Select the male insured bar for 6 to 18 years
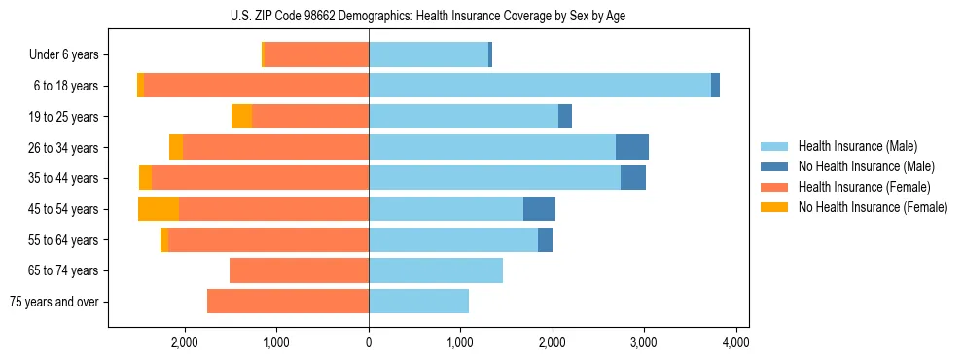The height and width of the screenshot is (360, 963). (x=540, y=86)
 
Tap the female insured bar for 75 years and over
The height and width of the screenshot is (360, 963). (x=288, y=302)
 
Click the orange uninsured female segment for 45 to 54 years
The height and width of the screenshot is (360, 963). (x=159, y=209)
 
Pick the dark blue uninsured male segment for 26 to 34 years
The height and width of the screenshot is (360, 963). (x=632, y=147)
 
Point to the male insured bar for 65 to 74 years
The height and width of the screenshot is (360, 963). (x=436, y=270)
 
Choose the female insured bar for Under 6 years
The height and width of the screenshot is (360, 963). (x=316, y=54)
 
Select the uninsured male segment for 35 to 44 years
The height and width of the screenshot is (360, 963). (x=633, y=178)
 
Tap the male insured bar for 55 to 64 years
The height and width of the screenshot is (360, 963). (x=453, y=239)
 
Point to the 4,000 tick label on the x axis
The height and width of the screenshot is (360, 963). (x=736, y=342)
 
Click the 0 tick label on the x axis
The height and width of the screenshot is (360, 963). (x=369, y=342)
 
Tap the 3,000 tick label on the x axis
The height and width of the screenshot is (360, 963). (x=644, y=342)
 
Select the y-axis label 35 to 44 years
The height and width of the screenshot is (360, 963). (x=65, y=178)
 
